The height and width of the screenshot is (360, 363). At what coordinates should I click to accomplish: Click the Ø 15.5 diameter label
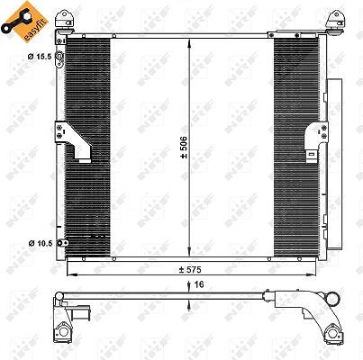(x=40, y=56)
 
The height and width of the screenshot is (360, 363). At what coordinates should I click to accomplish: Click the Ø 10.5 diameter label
(x=41, y=243)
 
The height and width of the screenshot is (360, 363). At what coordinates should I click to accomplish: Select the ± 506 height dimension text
(x=184, y=148)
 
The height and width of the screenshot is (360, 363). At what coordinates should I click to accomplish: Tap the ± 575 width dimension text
(x=190, y=270)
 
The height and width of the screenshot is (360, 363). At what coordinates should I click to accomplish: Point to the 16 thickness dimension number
(x=199, y=284)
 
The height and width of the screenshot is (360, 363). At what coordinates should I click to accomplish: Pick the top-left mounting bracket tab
(x=64, y=20)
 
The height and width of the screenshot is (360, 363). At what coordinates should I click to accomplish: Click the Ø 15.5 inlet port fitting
(x=60, y=59)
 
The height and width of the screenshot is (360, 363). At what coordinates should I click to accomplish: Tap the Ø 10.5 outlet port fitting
(x=63, y=243)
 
